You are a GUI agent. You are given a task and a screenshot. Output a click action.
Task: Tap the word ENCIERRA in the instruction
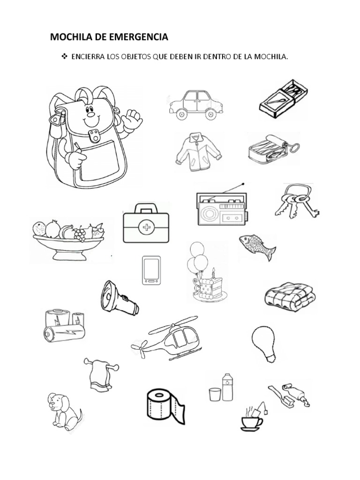click(x=88, y=57)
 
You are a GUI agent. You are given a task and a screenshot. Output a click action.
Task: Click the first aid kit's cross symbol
click(x=146, y=227)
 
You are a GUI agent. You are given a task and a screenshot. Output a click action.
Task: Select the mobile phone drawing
click(x=151, y=270)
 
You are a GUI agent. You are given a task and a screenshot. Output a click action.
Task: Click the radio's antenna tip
click(x=243, y=184)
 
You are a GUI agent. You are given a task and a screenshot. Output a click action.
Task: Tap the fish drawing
click(x=257, y=247)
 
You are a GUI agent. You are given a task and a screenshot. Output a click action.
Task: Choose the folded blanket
click(x=290, y=297)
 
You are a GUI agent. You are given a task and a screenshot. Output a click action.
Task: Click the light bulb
click(x=264, y=344)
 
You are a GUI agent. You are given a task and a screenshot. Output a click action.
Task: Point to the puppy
click(x=63, y=412)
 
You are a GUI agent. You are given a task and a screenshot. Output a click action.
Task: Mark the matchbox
click(x=283, y=98)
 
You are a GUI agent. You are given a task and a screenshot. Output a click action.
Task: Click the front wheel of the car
click(x=181, y=114)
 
